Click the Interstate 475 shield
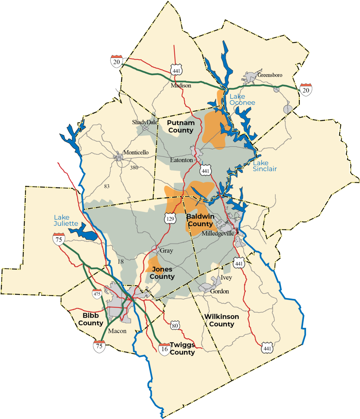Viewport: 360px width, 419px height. point(97,294)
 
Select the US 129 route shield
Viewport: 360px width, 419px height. point(170,219)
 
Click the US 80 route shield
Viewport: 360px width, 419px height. point(175,326)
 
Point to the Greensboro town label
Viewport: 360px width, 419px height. point(270,75)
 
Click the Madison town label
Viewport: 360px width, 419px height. point(181,86)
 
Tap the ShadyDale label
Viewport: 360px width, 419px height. point(145,123)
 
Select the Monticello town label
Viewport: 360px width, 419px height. point(136,153)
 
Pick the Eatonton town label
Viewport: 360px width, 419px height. point(181,160)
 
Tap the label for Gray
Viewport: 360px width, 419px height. point(166,251)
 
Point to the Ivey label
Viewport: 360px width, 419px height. point(226,278)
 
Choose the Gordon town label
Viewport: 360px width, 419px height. point(219,291)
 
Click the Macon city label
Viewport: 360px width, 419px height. point(117,331)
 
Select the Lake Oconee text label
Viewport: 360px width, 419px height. point(242,100)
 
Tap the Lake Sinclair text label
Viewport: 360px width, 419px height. point(265,166)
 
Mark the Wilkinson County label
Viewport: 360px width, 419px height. point(222,320)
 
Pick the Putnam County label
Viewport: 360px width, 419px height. point(180,126)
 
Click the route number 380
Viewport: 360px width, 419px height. point(134,168)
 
